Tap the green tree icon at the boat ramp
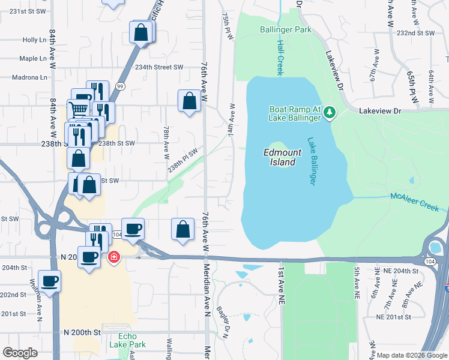(x=328, y=112)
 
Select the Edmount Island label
(x=282, y=157)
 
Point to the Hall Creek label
(x=280, y=58)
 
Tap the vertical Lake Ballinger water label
(x=312, y=162)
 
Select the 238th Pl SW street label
(x=182, y=161)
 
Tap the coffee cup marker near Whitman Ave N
(x=49, y=280)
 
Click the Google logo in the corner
(x=20, y=353)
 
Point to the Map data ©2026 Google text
(x=412, y=355)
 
